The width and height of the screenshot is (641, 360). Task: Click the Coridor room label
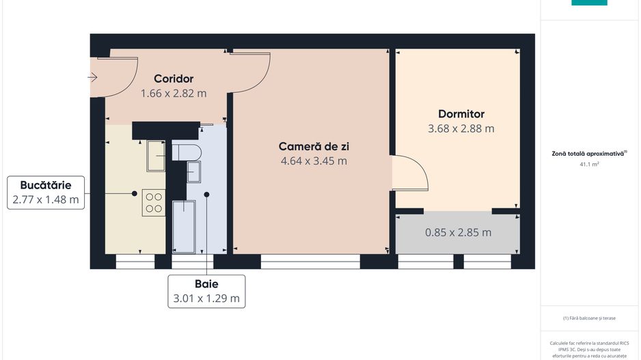174,79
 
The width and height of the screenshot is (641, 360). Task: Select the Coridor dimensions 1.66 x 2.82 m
174,93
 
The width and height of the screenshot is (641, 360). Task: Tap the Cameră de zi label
314,146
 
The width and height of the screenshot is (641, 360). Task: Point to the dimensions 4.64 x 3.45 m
314,161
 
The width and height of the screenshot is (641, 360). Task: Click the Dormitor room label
461,114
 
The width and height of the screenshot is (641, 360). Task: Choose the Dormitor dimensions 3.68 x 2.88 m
461,128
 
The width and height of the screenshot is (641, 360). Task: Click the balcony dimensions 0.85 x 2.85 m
458,232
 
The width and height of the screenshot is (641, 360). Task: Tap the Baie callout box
206,291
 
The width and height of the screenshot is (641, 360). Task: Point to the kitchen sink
156,155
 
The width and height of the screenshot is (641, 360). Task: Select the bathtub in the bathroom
183,225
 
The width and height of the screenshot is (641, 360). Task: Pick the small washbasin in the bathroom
194,172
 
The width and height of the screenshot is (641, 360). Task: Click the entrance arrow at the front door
93,77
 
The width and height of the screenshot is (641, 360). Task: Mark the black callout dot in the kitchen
135,193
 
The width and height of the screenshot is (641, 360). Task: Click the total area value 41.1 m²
588,165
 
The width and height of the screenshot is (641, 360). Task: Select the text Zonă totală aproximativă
588,154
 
